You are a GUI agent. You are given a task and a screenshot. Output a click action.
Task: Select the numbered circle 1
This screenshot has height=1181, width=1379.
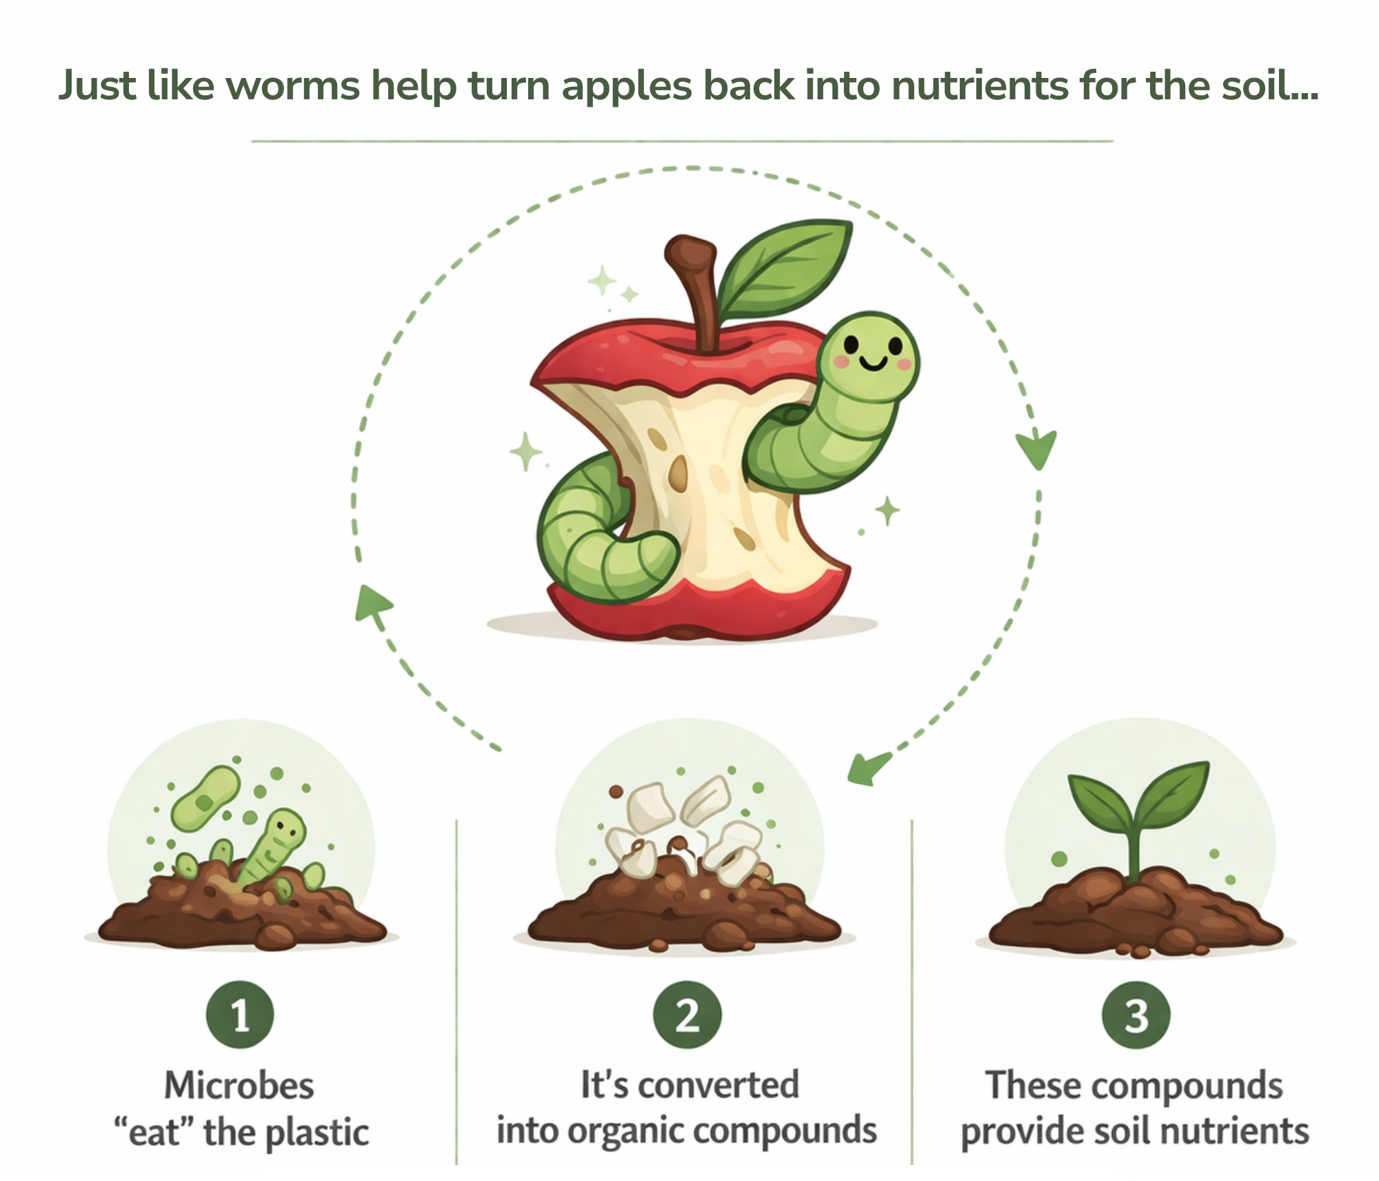(x=240, y=1015)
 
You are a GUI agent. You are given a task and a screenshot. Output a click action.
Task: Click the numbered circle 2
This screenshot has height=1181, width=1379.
(x=687, y=1015)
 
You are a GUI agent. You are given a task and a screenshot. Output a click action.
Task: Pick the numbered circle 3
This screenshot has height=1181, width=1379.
(x=1136, y=1015)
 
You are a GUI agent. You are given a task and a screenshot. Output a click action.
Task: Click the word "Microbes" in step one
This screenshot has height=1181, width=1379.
(x=239, y=1085)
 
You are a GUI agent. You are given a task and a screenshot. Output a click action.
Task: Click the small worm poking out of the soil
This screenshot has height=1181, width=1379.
(x=272, y=845)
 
